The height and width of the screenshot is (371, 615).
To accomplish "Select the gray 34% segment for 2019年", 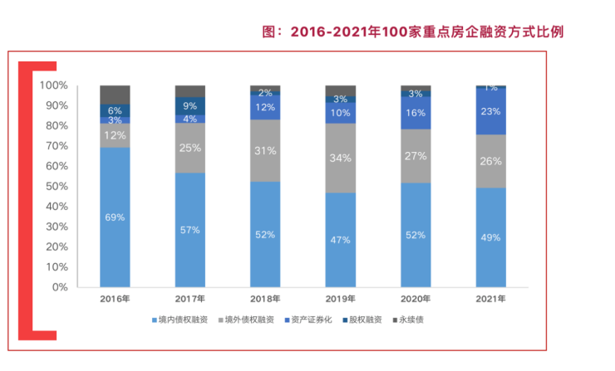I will (x=340, y=158).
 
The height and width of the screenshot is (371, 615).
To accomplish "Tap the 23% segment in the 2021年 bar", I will (x=490, y=111).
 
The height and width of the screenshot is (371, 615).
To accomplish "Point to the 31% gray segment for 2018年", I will (x=265, y=150).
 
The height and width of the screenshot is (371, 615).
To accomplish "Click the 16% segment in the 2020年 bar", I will (x=416, y=112).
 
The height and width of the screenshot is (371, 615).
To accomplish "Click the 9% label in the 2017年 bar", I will (x=189, y=105).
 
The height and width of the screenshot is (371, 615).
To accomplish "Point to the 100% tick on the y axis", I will (x=54, y=85).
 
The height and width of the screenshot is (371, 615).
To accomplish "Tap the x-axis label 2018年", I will (x=265, y=299).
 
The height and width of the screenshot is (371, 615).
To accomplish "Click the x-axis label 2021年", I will (x=490, y=299).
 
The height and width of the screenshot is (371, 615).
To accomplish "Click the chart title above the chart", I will (x=413, y=32).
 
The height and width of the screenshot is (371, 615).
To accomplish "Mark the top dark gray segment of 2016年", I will (x=115, y=94).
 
